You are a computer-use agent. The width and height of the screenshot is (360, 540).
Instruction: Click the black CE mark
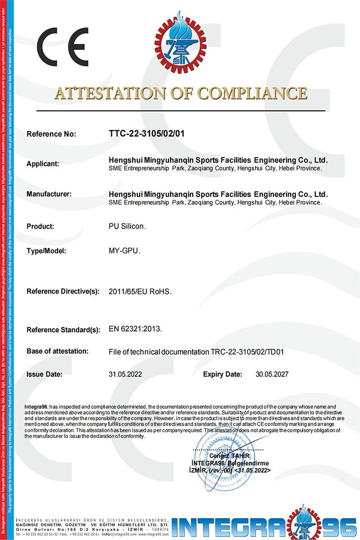point(63,47)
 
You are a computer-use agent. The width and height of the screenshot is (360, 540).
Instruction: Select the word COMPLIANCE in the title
point(253,93)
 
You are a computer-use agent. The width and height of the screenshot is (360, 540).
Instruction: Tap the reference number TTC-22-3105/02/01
point(147,134)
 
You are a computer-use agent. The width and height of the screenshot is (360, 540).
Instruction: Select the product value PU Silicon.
point(128,227)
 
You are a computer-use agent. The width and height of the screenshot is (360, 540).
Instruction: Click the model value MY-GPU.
point(125,251)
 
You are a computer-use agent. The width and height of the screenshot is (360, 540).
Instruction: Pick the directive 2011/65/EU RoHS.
point(140,291)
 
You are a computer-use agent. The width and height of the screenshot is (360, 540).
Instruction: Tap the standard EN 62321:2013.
point(135,329)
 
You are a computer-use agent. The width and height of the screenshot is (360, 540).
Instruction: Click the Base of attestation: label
point(58,351)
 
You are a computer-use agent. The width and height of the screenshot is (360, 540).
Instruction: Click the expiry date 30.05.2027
point(272,374)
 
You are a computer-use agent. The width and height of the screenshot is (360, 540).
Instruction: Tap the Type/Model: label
point(46,251)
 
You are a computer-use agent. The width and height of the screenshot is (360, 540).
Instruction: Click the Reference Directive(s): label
point(63,291)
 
